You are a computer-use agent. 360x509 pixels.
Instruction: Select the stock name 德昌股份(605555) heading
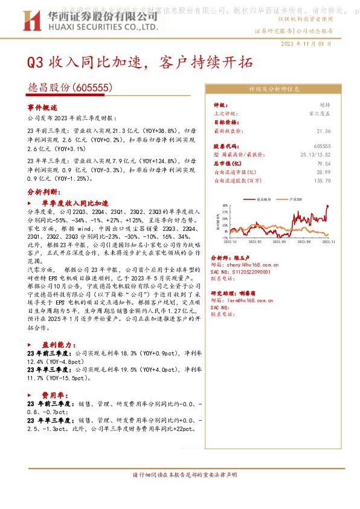(x=70, y=88)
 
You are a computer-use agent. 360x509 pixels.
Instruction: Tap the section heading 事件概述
(x=42, y=106)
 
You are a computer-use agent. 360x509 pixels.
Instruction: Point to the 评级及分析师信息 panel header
(x=274, y=88)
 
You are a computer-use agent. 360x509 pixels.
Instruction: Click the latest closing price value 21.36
(x=324, y=131)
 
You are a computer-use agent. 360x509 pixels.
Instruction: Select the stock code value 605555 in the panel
(x=323, y=146)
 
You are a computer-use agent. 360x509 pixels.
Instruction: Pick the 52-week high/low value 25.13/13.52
(x=317, y=155)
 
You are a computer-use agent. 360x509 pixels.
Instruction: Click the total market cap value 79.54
(x=324, y=163)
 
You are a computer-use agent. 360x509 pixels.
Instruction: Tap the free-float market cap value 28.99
(x=324, y=172)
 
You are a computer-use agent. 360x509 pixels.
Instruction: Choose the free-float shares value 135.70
(x=323, y=180)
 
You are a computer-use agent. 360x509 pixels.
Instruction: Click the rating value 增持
(x=325, y=105)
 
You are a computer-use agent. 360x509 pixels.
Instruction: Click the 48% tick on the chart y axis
(x=225, y=206)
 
